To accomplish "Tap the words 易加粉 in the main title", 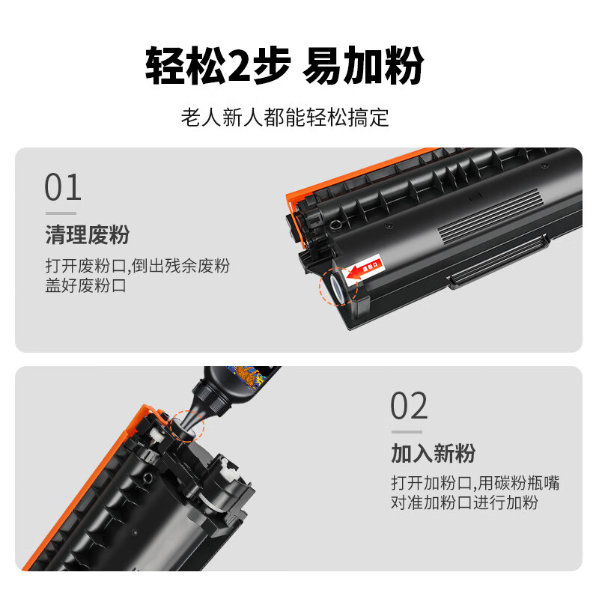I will point(364,66).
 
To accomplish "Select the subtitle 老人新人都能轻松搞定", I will point(285,118).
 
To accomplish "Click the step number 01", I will point(63,187).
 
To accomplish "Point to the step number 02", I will point(409,407).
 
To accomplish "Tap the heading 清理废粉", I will point(88,235).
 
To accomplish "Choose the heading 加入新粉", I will point(433,453).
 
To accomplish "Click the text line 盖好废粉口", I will point(87,285).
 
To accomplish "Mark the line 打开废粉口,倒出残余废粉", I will point(137,266).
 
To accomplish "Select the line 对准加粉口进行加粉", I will point(464,502).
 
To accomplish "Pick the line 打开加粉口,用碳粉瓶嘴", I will point(475,483).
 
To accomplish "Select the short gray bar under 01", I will point(60,213).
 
